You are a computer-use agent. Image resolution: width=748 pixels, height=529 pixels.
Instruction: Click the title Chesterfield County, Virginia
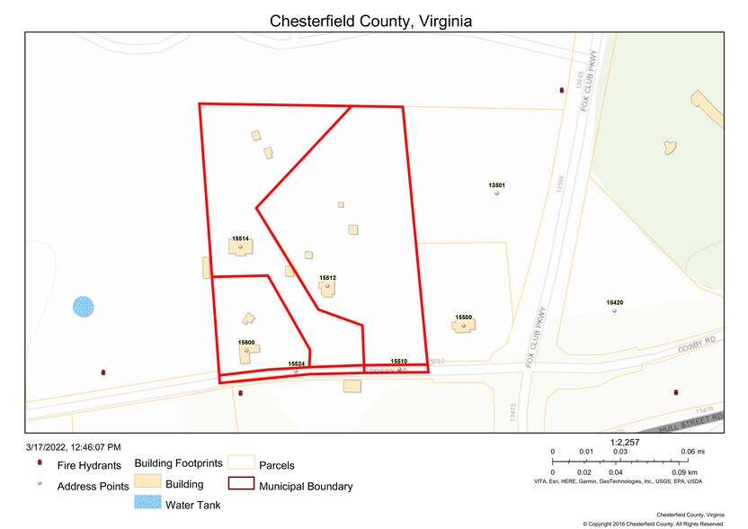pyautogui.click(x=371, y=21)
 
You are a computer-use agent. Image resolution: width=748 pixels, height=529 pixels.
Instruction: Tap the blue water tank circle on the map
pyautogui.click(x=83, y=306)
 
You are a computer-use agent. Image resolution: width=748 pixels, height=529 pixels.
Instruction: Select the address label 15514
pyautogui.click(x=240, y=238)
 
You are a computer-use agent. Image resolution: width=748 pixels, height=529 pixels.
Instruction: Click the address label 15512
pyautogui.click(x=327, y=278)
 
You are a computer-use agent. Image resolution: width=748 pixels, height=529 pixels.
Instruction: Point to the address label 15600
pyautogui.click(x=246, y=343)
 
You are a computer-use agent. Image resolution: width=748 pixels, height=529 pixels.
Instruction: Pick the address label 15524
pyautogui.click(x=296, y=363)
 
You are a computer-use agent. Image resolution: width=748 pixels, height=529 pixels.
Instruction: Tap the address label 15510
pyautogui.click(x=399, y=360)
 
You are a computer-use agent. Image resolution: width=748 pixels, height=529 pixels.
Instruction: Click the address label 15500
pyautogui.click(x=463, y=317)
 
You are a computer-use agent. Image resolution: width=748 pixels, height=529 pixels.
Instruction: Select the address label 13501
pyautogui.click(x=497, y=185)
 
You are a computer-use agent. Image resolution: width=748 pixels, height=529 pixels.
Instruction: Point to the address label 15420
pyautogui.click(x=615, y=303)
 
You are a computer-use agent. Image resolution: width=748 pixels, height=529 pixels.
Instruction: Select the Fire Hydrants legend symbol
pyautogui.click(x=40, y=464)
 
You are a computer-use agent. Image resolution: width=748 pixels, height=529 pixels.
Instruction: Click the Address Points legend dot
pyautogui.click(x=40, y=486)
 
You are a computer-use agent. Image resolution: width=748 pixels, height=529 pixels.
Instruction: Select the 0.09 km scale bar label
pyautogui.click(x=683, y=471)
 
